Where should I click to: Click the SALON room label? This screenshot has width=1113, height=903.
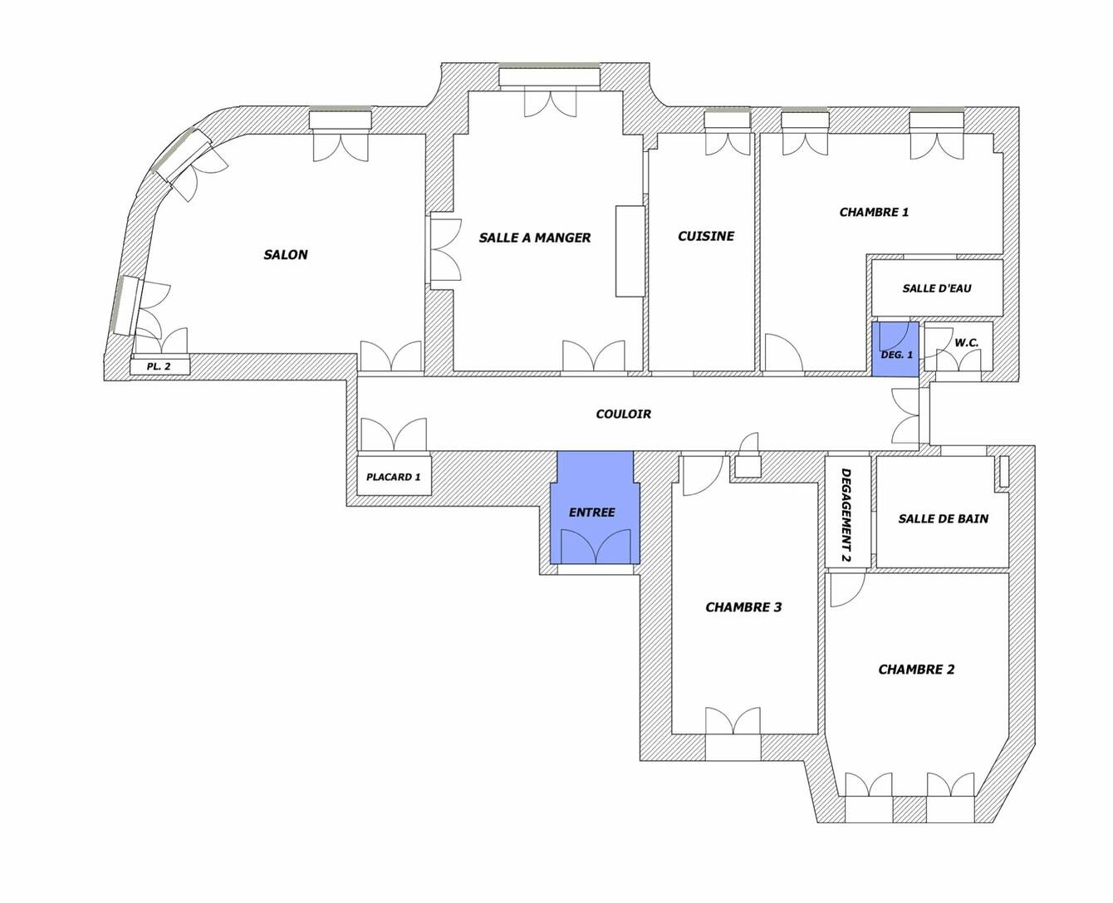click(285, 254)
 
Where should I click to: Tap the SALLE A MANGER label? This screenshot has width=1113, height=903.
click(535, 238)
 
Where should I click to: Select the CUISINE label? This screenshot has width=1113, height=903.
click(706, 236)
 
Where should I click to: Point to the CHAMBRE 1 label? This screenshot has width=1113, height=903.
click(874, 212)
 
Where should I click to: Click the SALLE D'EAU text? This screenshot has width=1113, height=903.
click(936, 288)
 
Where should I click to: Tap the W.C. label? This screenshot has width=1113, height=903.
click(966, 343)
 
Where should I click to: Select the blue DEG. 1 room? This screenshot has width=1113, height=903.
click(895, 349)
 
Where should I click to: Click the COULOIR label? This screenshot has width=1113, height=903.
click(624, 414)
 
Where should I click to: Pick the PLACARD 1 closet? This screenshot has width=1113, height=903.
click(394, 475)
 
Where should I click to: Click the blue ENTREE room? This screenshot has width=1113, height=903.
click(595, 508)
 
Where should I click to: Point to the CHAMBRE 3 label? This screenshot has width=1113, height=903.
click(743, 606)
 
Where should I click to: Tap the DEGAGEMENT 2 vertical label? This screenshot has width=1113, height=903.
click(846, 515)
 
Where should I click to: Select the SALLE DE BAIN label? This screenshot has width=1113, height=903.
click(944, 519)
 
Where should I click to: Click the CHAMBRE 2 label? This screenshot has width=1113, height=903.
click(916, 670)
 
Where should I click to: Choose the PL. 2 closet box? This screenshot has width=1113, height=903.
click(159, 366)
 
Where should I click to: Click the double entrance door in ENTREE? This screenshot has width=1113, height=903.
click(596, 547)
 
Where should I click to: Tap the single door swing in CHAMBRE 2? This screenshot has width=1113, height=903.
click(847, 590)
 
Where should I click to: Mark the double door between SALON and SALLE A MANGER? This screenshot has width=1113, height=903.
click(446, 251)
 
